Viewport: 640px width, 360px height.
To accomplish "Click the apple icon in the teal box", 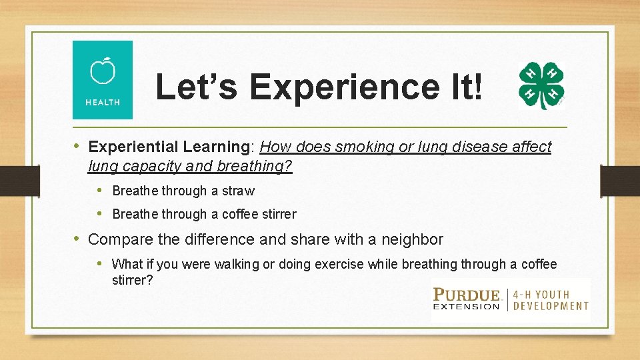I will (103, 71).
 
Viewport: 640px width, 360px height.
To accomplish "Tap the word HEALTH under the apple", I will (103, 102).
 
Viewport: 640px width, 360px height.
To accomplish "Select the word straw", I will (238, 191).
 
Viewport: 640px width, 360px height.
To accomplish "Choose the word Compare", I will (117, 239).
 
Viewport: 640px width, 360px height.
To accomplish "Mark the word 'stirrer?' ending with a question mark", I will (132, 280).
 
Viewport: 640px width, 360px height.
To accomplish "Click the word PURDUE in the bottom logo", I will (467, 294).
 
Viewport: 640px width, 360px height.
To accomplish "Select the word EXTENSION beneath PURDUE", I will (467, 307).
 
